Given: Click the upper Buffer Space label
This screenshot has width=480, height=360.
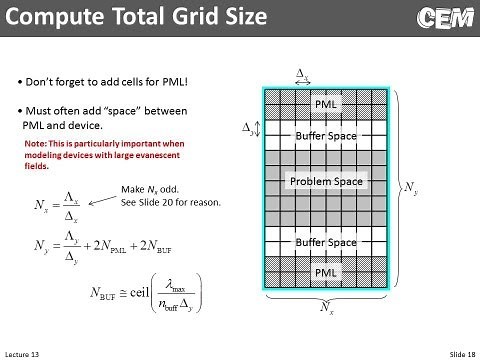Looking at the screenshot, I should tap(325, 135).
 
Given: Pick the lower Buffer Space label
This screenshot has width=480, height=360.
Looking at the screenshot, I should tap(325, 242).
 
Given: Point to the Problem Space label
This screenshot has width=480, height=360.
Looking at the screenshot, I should tap(325, 181).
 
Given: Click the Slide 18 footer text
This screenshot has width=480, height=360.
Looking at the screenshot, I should tap(457, 354).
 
